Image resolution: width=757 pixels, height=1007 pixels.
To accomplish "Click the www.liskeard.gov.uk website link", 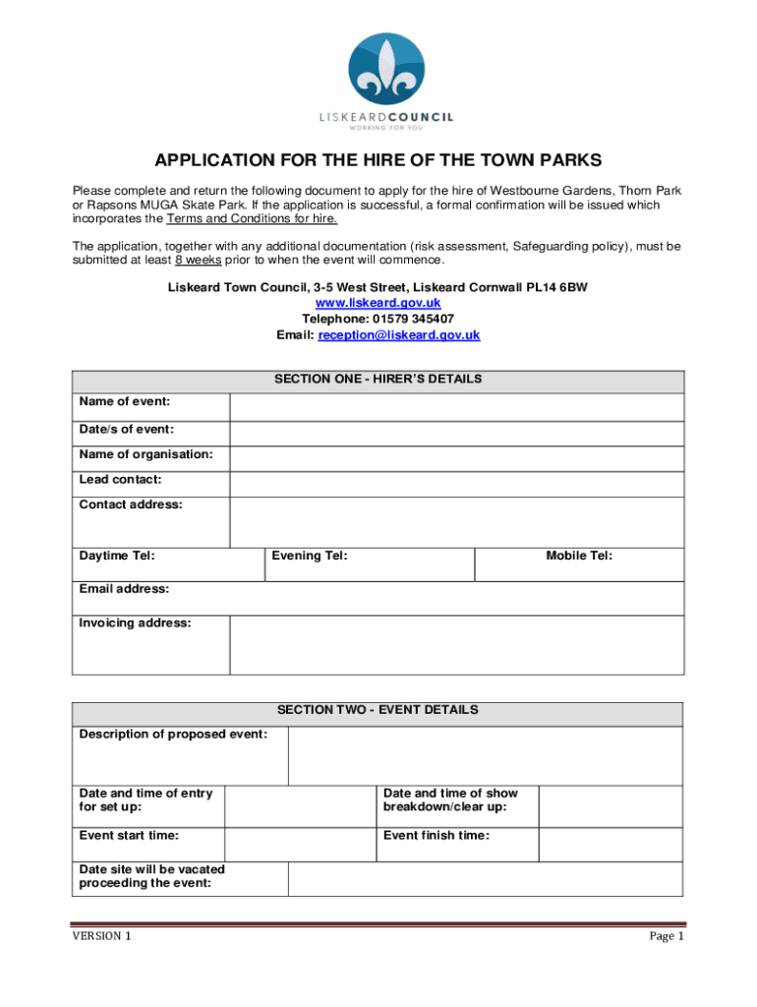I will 378,303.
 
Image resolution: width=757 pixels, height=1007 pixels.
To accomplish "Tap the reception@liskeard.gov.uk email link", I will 398,335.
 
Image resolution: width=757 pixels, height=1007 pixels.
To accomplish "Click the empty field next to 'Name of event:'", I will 456,407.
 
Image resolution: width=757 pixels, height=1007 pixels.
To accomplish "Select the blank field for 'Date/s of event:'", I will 456,434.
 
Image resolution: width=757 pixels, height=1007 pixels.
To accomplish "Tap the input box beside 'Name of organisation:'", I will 456,458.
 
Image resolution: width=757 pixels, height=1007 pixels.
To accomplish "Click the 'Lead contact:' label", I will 121,480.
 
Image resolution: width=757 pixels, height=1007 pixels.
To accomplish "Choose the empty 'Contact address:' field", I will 456,521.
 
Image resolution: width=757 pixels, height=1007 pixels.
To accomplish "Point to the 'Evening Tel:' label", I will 310,557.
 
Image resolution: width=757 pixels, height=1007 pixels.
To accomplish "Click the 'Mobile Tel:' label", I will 579,557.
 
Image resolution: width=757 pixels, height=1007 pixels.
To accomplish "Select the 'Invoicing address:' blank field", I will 456,645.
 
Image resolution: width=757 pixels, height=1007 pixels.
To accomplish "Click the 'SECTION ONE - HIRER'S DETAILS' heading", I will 378,380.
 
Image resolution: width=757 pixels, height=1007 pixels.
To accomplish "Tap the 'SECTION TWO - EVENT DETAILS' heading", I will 378,710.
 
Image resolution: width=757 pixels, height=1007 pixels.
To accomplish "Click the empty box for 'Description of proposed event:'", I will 485,755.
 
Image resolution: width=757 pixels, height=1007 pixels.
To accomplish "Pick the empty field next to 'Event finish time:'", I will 611,844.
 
